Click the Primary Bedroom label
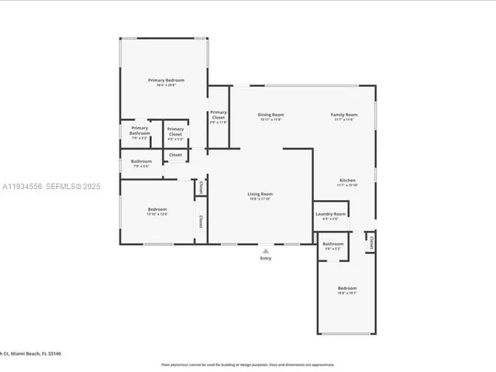pyautogui.click(x=166, y=80)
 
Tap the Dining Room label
pyautogui.click(x=270, y=115)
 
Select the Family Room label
pyautogui.click(x=345, y=115)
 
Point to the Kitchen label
pyautogui.click(x=346, y=180)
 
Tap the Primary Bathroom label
pyautogui.click(x=139, y=130)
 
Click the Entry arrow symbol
pyautogui.click(x=266, y=251)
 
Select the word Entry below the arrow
pyautogui.click(x=266, y=259)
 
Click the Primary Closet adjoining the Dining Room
pyautogui.click(x=219, y=115)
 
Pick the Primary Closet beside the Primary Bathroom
pyautogui.click(x=175, y=132)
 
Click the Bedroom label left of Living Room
pyautogui.click(x=157, y=209)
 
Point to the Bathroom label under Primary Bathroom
pyautogui.click(x=141, y=161)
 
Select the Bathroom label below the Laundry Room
pyautogui.click(x=332, y=245)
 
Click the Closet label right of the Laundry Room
pyautogui.click(x=371, y=243)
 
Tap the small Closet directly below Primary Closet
pyautogui.click(x=176, y=155)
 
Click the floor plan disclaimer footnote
pyautogui.click(x=247, y=364)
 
